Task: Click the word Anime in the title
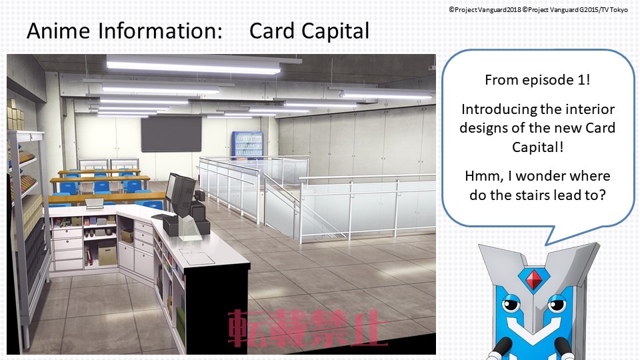59,31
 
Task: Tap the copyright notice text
539,9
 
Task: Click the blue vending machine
248,144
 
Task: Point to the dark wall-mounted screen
171,133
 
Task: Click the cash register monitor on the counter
180,192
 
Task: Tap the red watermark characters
306,329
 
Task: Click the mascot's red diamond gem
533,280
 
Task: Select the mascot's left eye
510,305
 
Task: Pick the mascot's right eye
557,305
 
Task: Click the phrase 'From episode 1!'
537,79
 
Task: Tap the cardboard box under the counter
107,256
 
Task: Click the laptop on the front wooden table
94,203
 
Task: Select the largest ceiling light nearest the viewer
193,65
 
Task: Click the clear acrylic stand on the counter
190,227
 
